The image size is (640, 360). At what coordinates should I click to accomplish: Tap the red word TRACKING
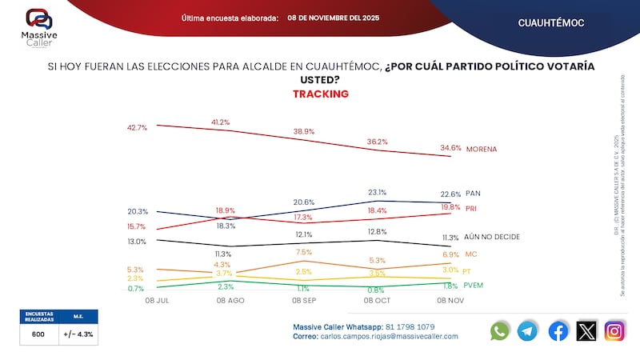pos(320,94)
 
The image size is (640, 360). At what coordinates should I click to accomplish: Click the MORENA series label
pos(482,149)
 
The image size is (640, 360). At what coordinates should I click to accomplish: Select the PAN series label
pos(473,193)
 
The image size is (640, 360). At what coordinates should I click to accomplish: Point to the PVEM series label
pos(475,286)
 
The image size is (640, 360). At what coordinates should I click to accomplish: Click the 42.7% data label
pos(137,127)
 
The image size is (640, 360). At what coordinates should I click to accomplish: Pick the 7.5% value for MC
pos(303,252)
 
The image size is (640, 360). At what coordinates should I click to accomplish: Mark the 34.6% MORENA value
pos(450,148)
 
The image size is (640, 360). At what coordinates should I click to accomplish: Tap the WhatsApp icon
pos(500,330)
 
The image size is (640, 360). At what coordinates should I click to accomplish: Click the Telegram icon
pos(528,330)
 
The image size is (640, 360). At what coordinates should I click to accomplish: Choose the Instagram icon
pos(614,330)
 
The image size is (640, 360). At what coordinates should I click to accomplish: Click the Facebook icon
pos(558,330)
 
